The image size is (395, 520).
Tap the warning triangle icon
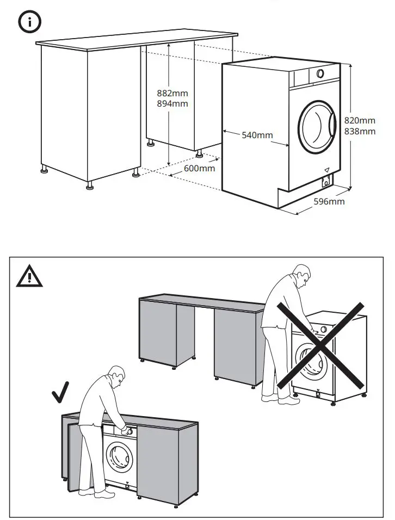[x=30, y=277]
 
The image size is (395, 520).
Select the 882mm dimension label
[x=172, y=94]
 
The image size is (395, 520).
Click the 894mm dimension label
[x=172, y=103]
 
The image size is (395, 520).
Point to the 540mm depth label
[x=257, y=135]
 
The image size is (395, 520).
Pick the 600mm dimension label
[x=199, y=168]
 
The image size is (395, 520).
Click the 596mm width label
[x=329, y=202]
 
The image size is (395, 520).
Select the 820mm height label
[x=360, y=121]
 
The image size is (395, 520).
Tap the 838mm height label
[x=360, y=131]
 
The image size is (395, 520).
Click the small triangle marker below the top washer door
[x=327, y=170]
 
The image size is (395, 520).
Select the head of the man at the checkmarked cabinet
[x=116, y=376]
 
